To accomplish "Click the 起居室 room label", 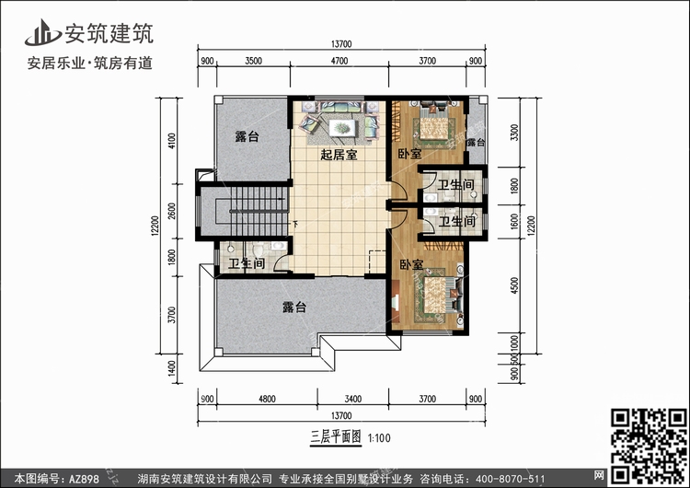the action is pos(339,155).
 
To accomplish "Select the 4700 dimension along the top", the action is pos(339,61).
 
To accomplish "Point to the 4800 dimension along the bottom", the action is pos(267,399).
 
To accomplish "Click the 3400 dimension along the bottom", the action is pos(353,399).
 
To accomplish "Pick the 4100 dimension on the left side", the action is pos(172,141).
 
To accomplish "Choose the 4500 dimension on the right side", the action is pos(514,285).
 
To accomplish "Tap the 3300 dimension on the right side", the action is pos(514,133).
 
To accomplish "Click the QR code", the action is pos(649,446).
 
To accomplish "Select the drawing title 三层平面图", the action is pos(336,437).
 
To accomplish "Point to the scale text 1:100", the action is pos(379,438).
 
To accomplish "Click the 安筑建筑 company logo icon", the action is pos(42,32).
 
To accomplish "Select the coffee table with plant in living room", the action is pos(342,128).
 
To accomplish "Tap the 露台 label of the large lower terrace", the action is pos(294,307).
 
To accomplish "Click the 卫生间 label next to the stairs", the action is pos(247,263).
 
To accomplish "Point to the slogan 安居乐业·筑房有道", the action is pos(90,63).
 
